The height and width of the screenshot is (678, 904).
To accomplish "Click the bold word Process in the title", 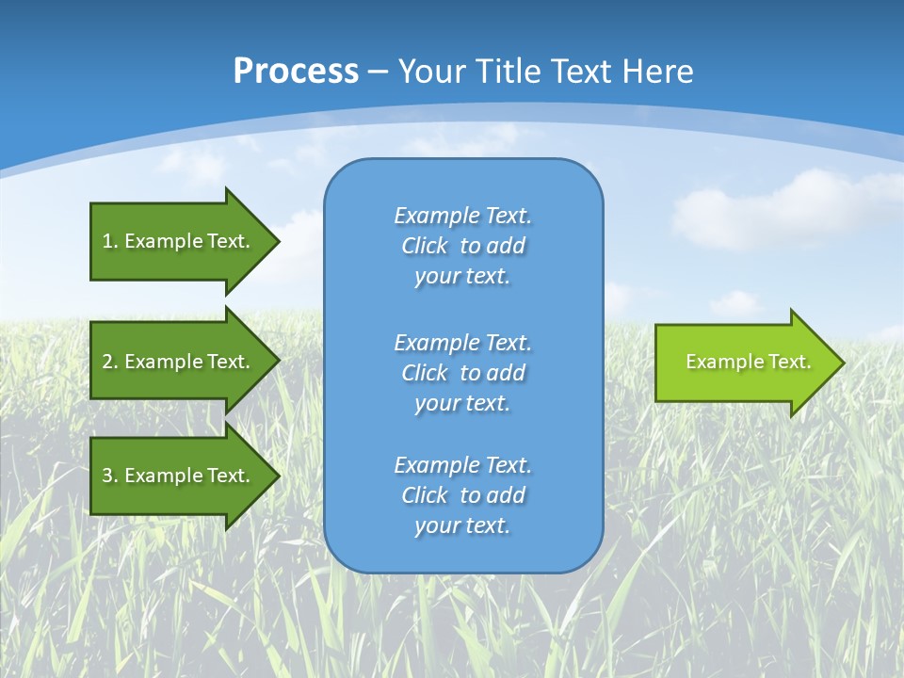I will pyautogui.click(x=296, y=72).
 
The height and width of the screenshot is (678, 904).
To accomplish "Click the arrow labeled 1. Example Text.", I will pyautogui.click(x=176, y=241).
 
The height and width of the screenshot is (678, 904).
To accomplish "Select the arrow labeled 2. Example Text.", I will pyautogui.click(x=176, y=362).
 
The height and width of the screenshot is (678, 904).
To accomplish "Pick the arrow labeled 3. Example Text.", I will pyautogui.click(x=176, y=476).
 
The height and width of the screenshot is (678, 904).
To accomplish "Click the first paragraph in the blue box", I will pyautogui.click(x=462, y=246).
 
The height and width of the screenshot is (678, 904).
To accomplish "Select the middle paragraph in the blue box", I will pyautogui.click(x=462, y=372).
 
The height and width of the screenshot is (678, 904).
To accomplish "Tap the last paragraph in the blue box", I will pyautogui.click(x=462, y=495).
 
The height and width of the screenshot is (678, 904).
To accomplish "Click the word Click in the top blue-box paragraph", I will pyautogui.click(x=424, y=246).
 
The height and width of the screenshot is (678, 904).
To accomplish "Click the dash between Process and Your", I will pyautogui.click(x=378, y=73).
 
